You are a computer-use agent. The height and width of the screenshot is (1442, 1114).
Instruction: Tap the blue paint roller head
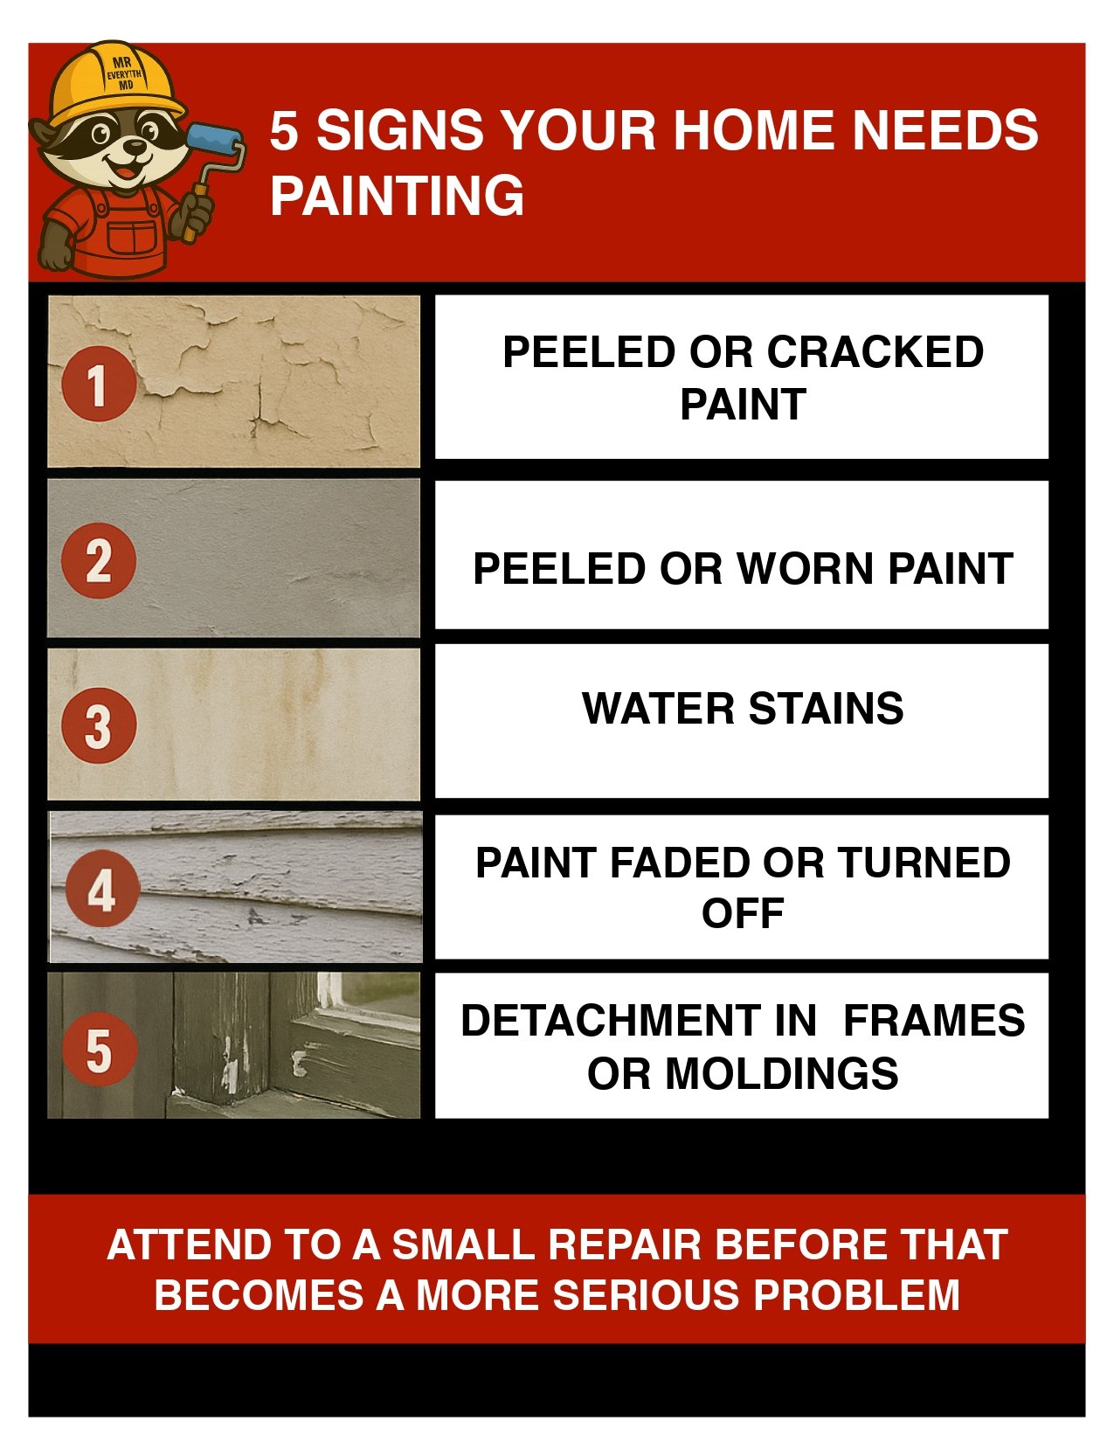(x=215, y=145)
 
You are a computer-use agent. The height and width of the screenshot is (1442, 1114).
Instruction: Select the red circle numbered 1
(x=99, y=384)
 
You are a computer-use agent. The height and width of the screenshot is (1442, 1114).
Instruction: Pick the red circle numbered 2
(x=99, y=561)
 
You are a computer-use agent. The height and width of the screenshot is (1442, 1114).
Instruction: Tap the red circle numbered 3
(x=99, y=725)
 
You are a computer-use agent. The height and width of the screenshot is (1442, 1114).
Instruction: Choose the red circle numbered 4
(x=102, y=889)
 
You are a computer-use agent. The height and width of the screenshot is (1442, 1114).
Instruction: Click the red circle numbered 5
(x=100, y=1049)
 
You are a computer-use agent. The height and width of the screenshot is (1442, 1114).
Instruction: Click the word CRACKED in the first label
(x=875, y=351)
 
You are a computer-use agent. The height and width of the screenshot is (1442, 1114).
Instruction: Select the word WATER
(x=658, y=708)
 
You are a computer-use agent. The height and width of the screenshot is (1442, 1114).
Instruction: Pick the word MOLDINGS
(x=782, y=1073)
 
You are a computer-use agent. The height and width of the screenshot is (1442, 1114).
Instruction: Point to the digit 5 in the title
(x=284, y=130)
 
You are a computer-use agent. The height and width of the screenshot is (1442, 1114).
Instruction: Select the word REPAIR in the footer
(x=625, y=1244)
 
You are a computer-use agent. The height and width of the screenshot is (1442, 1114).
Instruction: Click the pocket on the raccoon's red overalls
(x=132, y=237)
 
